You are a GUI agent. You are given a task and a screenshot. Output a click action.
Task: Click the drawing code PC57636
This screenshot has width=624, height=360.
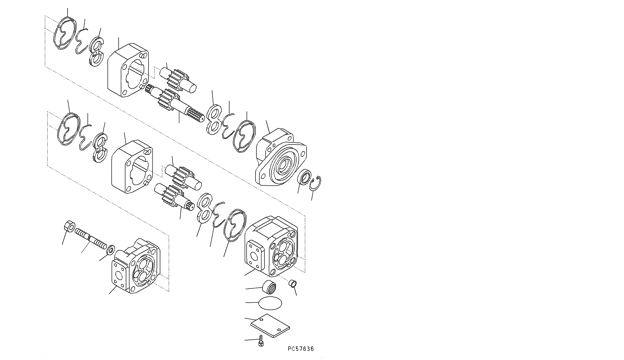point(301,349)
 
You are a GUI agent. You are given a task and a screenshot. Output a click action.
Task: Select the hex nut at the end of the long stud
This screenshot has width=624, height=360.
point(69,226)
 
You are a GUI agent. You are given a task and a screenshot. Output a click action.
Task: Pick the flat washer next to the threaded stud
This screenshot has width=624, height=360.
point(110,250)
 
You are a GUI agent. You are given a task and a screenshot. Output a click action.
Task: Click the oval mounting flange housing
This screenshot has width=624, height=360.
point(281,157)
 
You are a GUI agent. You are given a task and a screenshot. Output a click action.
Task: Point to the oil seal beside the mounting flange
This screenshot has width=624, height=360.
point(305,176)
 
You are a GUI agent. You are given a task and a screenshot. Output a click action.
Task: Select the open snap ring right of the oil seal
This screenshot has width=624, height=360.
point(316,183)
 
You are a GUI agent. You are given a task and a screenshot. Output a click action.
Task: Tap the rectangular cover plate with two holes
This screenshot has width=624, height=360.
point(270,325)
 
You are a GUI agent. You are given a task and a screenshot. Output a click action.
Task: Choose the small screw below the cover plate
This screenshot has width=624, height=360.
point(261,341)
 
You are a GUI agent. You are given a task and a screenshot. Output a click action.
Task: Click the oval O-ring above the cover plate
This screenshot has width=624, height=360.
point(271,303)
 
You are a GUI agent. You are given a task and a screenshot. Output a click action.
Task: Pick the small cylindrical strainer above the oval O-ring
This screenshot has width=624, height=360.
point(269,286)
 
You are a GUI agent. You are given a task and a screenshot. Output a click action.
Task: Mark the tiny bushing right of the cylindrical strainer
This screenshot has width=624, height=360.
point(292,283)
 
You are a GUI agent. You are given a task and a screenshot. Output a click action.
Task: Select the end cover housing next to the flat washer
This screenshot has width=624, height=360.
point(135,266)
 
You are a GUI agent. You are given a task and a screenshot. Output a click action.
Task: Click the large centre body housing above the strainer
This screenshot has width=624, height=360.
point(271,246)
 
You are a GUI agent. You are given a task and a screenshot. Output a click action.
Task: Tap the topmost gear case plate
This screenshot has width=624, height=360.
point(129,70)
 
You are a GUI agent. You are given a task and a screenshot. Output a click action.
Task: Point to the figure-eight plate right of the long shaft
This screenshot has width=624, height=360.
point(214,119)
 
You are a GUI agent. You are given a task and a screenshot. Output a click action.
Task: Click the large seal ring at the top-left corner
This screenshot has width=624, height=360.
point(65,34)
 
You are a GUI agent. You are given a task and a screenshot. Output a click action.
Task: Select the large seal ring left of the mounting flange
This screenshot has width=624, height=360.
point(244,136)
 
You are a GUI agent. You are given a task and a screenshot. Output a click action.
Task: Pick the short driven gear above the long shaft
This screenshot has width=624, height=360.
point(178,78)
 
